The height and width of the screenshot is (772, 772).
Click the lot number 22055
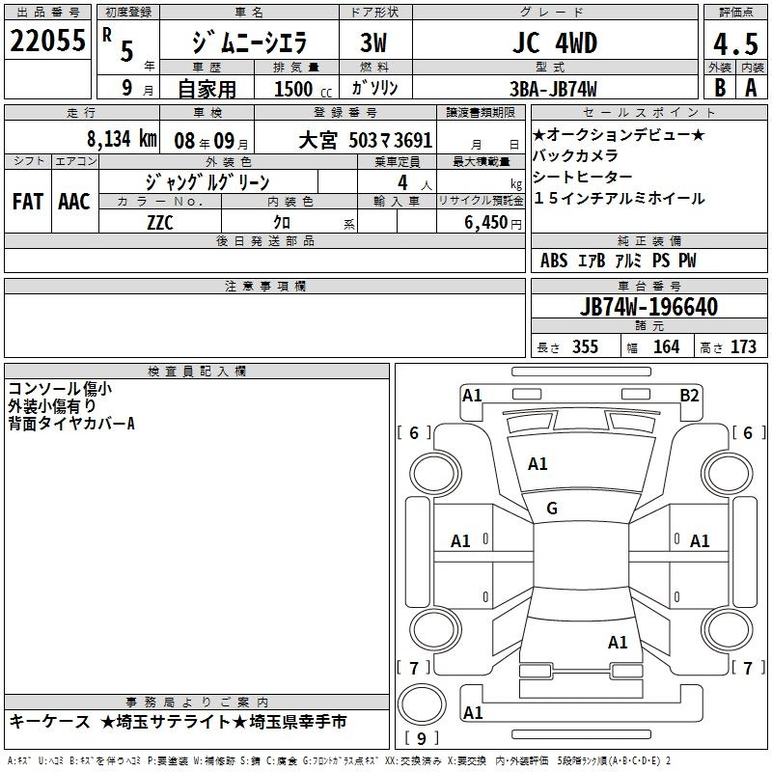[x=47, y=41]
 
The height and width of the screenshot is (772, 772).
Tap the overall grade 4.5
[x=735, y=44]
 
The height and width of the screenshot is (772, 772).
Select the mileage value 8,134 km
[x=123, y=139]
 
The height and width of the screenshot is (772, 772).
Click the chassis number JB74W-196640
[x=648, y=307]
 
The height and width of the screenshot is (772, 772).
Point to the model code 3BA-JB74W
[x=553, y=89]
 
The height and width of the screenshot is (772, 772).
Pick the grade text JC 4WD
[x=555, y=42]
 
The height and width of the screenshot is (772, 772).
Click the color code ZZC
[x=160, y=223]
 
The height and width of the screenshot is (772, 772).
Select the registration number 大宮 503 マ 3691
[x=366, y=140]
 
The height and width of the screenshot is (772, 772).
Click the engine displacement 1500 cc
[x=303, y=89]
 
